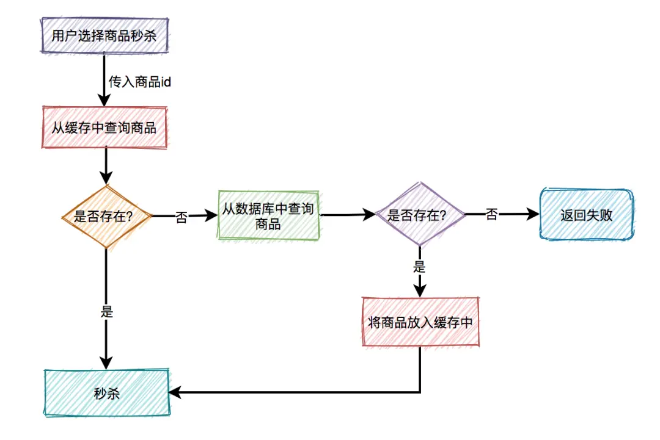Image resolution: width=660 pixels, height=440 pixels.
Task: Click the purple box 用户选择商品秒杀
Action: pos(104,36)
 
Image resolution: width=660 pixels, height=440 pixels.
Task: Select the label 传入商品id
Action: pos(139,82)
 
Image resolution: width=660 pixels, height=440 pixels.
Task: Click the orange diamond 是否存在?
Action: pos(106,216)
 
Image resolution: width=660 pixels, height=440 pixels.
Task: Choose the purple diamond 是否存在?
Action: pos(420,215)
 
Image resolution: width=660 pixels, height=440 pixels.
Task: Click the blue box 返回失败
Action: pos(587,215)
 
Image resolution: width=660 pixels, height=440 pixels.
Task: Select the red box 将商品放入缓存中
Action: pos(420,323)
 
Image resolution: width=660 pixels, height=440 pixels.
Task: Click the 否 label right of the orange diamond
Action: pos(182,218)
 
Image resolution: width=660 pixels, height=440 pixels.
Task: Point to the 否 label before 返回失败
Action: pos(491,215)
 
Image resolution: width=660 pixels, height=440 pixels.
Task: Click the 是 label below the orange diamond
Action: pos(107,311)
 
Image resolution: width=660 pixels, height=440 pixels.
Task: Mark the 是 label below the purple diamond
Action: pos(420,267)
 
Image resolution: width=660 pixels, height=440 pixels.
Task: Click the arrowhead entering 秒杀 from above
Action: pos(106,362)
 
